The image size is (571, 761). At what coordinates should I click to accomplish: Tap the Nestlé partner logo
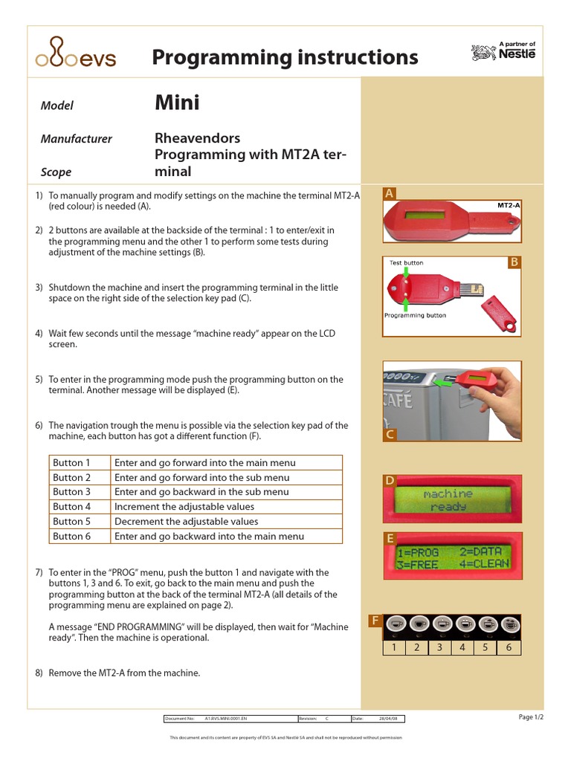503,51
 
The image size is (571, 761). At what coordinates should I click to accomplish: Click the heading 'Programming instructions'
285,57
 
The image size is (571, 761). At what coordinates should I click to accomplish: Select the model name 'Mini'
177,103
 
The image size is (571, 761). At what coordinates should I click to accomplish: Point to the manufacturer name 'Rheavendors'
197,138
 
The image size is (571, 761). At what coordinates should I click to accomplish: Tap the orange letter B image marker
513,262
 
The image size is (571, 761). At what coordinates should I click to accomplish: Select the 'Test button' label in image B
406,262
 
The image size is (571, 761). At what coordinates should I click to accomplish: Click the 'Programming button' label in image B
415,315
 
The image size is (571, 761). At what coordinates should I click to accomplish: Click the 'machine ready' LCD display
448,499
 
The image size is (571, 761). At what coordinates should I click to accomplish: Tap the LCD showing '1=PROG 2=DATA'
453,557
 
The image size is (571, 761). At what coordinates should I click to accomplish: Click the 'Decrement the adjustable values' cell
187,522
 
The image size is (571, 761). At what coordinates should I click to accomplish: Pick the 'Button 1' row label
72,463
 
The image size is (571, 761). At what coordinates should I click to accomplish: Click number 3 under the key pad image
440,647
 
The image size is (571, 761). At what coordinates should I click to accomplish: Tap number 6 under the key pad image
509,647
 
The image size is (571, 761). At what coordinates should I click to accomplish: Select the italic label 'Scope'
57,172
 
